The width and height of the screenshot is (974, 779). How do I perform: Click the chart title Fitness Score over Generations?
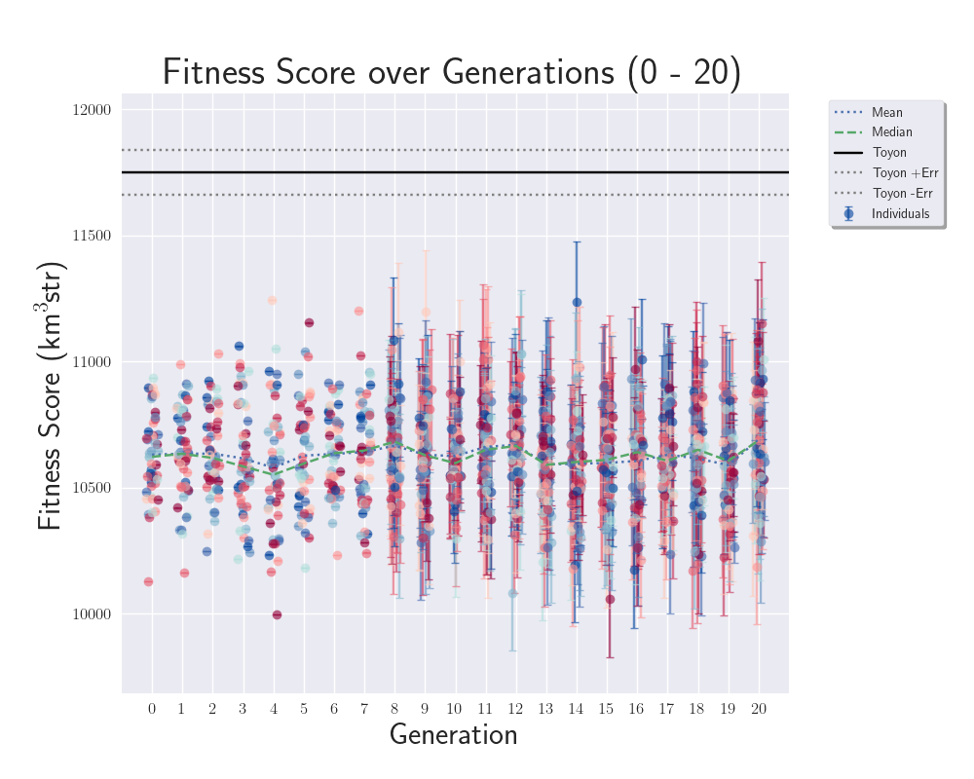coord(451,73)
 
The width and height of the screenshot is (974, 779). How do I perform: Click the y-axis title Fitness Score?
coord(51,396)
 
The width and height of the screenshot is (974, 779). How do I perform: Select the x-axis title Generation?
coord(453,734)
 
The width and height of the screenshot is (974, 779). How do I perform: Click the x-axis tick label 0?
coord(152,708)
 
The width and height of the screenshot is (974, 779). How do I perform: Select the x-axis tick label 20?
coord(758,708)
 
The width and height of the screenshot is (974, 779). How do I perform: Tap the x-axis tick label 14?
coord(576,708)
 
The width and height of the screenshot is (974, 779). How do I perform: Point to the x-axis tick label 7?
coord(364,708)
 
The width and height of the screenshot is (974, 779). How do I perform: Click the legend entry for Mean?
coord(887,113)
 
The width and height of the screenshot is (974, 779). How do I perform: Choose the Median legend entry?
coord(891,132)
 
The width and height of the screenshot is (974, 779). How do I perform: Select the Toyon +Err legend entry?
coord(904,173)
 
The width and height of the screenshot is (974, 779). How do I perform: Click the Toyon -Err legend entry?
coord(903,194)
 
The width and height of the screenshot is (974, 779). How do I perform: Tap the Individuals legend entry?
coord(900,214)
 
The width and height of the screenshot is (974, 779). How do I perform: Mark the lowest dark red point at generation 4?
coord(277,614)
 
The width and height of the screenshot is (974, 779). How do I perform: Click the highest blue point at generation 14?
coord(577,303)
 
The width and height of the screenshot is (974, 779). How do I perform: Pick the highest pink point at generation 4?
coord(273,301)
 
